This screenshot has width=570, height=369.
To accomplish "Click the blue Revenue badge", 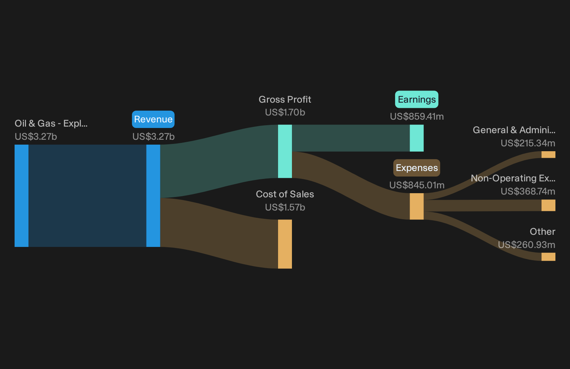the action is coord(153,119).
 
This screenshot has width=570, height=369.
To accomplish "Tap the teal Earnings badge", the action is coord(417,100).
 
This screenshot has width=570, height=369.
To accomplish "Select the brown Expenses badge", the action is coord(417,168).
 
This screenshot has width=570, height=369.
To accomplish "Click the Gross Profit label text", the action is coord(285,100).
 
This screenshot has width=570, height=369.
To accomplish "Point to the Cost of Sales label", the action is coord(285,194).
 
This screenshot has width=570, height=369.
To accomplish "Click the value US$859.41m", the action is coord(417,117).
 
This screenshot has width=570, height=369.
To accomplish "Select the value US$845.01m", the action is coord(417,185).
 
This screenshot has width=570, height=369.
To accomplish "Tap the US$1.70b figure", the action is coord(285,112).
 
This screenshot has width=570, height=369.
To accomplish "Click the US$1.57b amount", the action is coord(285,207).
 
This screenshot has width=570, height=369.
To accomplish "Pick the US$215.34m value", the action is coord(528,143).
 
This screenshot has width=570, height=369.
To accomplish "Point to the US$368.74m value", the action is coord(528,191).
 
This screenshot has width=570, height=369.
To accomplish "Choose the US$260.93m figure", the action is coord(527,244).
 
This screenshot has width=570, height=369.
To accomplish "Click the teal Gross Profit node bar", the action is coord(285,151).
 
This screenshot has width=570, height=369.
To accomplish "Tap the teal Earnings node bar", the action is coord(417,138).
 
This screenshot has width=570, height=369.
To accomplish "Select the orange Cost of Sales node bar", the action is coord(285,244).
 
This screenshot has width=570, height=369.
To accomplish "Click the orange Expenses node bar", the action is coord(417,206).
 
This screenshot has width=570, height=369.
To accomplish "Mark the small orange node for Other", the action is coord(548,257).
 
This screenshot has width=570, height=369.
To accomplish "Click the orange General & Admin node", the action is coord(548,155).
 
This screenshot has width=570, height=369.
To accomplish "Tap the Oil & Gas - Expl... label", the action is coord(51,123).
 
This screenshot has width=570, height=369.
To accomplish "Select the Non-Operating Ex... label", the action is coord(513,178).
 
